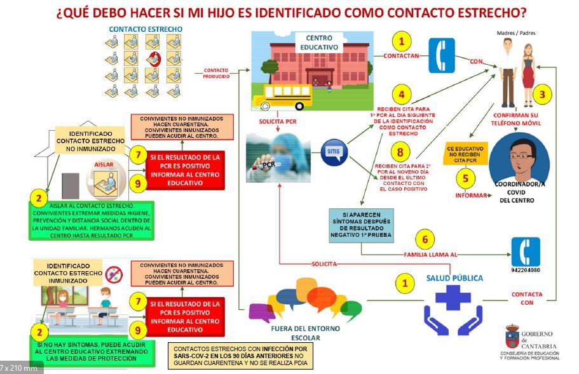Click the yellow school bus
coord(283,97)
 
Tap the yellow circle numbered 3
coord(542,95)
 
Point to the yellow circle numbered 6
coord(425,240)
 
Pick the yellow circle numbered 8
coord(400,154)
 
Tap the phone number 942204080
coord(526,270)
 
